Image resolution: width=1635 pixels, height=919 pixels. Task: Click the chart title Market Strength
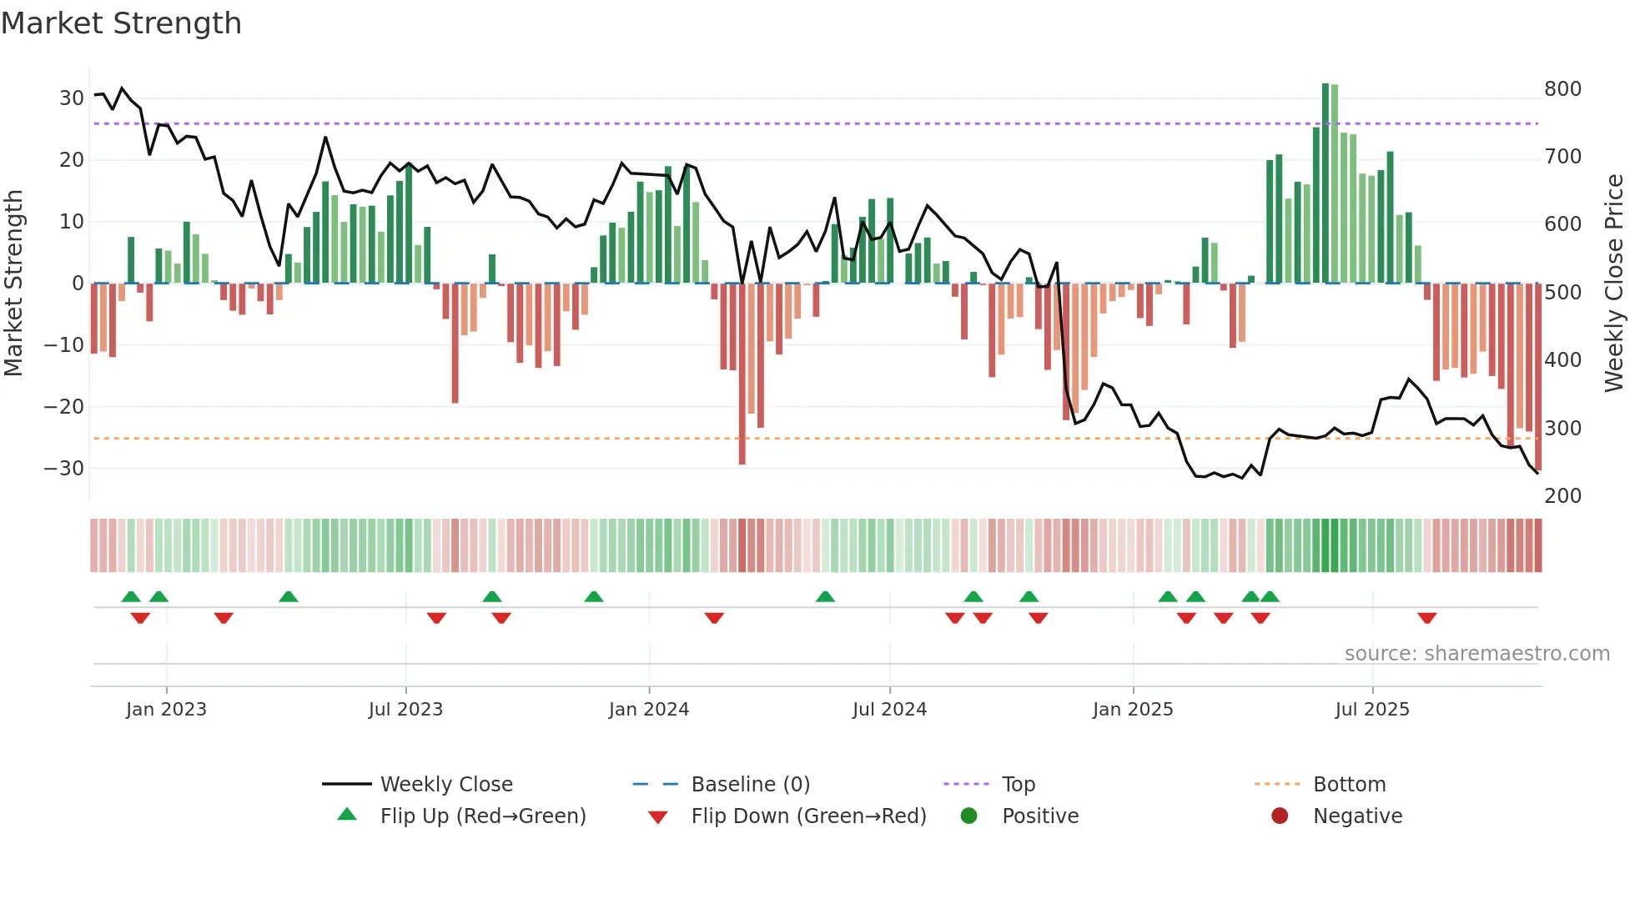pos(121,23)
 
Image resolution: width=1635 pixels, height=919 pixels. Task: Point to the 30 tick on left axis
pos(72,98)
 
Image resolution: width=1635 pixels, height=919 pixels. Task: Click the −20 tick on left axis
pos(64,407)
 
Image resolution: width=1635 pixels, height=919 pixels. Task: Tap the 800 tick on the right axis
pos(1562,89)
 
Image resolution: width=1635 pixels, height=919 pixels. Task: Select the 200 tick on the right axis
pos(1562,496)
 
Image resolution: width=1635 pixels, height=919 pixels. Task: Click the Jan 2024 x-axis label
pos(648,710)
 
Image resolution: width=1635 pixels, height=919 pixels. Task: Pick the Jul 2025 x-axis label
pos(1371,710)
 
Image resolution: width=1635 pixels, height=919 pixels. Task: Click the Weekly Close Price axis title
pos(1614,284)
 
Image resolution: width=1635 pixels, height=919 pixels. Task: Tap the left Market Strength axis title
pos(13,284)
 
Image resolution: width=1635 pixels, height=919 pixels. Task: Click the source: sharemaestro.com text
pos(1477,654)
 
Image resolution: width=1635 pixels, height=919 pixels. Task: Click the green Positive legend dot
pos(968,816)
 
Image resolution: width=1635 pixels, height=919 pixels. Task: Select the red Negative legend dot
pos(1280,816)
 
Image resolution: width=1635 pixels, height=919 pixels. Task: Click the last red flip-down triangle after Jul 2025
pos(1426,618)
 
